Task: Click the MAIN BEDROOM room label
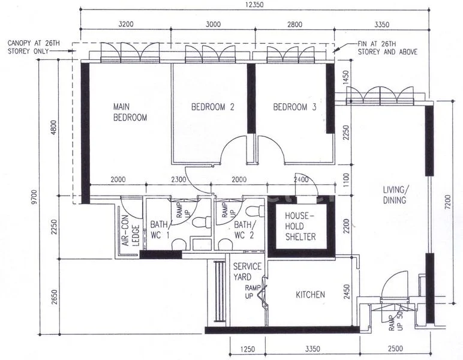pyautogui.click(x=130, y=112)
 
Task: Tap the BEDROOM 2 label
pyautogui.click(x=212, y=107)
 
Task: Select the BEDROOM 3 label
pyautogui.click(x=294, y=107)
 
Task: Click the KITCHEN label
pyautogui.click(x=310, y=295)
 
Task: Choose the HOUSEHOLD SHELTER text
pyautogui.click(x=300, y=226)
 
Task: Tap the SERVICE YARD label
pyautogui.click(x=247, y=272)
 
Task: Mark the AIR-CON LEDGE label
pyautogui.click(x=130, y=230)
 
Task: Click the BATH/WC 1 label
pyautogui.click(x=160, y=230)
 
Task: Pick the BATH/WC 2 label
pyautogui.click(x=244, y=230)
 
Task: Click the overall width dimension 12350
pyautogui.click(x=254, y=4)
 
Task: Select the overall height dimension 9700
pyautogui.click(x=35, y=197)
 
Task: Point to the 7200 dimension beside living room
pyautogui.click(x=447, y=202)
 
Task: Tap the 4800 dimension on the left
pyautogui.click(x=53, y=128)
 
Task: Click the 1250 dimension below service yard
pyautogui.click(x=248, y=349)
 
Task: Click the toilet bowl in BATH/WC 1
pyautogui.click(x=202, y=222)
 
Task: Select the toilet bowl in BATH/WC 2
pyautogui.click(x=255, y=211)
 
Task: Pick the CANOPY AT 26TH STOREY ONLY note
pyautogui.click(x=34, y=47)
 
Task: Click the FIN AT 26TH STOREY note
pyautogui.click(x=387, y=48)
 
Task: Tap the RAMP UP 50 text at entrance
pyautogui.click(x=396, y=322)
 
